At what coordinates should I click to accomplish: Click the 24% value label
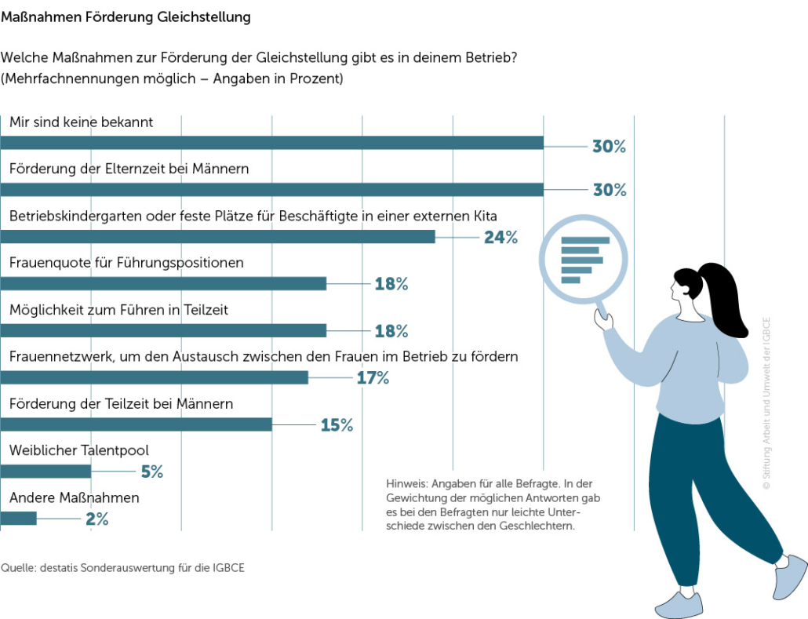(x=500, y=237)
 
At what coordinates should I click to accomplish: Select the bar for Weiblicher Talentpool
(x=45, y=472)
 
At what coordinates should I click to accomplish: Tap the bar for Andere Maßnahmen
(x=18, y=519)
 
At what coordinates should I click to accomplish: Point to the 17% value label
(x=373, y=378)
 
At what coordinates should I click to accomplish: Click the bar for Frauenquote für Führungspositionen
(x=163, y=284)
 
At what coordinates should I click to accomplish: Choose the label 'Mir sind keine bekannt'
(x=81, y=122)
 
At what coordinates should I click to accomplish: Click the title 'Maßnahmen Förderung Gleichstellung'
(x=126, y=16)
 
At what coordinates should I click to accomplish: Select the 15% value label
(x=337, y=425)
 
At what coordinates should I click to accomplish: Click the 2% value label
(x=96, y=519)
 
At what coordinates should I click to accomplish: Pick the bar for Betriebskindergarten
(x=217, y=237)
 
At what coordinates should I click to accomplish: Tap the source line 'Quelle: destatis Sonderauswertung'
(x=122, y=567)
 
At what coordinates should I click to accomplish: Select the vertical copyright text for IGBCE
(x=766, y=404)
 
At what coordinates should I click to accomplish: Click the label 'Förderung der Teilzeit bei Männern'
(x=121, y=404)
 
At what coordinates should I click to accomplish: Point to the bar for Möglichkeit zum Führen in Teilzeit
(x=163, y=331)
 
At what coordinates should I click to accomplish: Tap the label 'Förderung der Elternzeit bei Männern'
(x=129, y=169)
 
